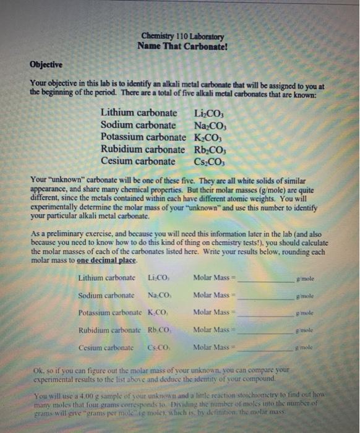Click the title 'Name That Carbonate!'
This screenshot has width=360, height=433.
coord(182,46)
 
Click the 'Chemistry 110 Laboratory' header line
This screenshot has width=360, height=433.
coord(182,36)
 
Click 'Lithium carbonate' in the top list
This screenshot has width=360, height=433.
coord(139,113)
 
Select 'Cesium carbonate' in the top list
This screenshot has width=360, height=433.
coord(137,161)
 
